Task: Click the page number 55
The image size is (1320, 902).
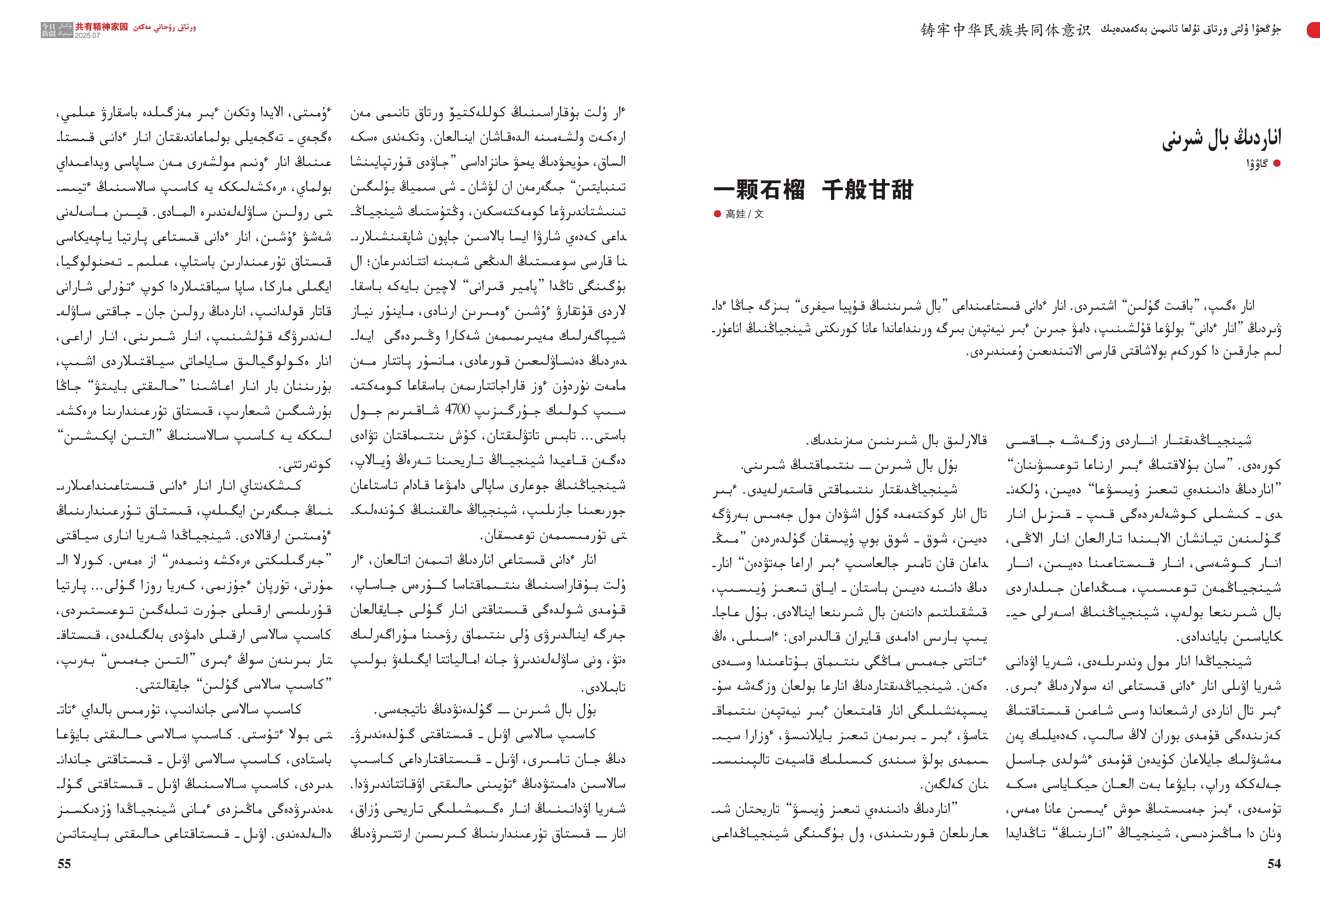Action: click(64, 864)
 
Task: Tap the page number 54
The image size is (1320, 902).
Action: click(1274, 864)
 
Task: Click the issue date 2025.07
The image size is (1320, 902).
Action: click(87, 35)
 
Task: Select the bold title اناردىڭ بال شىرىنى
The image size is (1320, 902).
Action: click(1221, 138)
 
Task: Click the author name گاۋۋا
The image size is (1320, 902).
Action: click(1257, 164)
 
